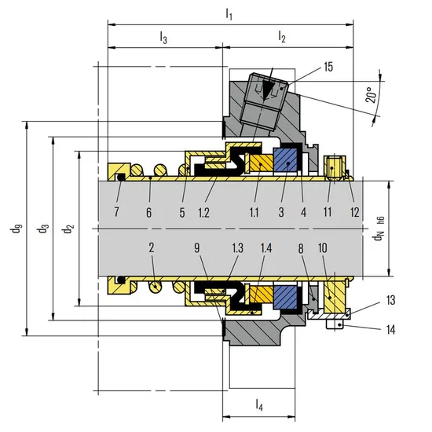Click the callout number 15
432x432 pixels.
click(328, 67)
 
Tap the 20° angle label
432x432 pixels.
click(372, 95)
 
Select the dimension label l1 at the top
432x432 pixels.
click(229, 14)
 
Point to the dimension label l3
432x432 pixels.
click(163, 37)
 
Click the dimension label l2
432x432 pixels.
click(281, 36)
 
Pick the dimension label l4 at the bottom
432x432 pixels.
click(259, 405)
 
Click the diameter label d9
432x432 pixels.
click(16, 229)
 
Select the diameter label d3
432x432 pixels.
click(43, 229)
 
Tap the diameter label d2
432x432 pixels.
click(68, 229)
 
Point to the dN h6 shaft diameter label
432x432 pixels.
click(379, 229)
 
